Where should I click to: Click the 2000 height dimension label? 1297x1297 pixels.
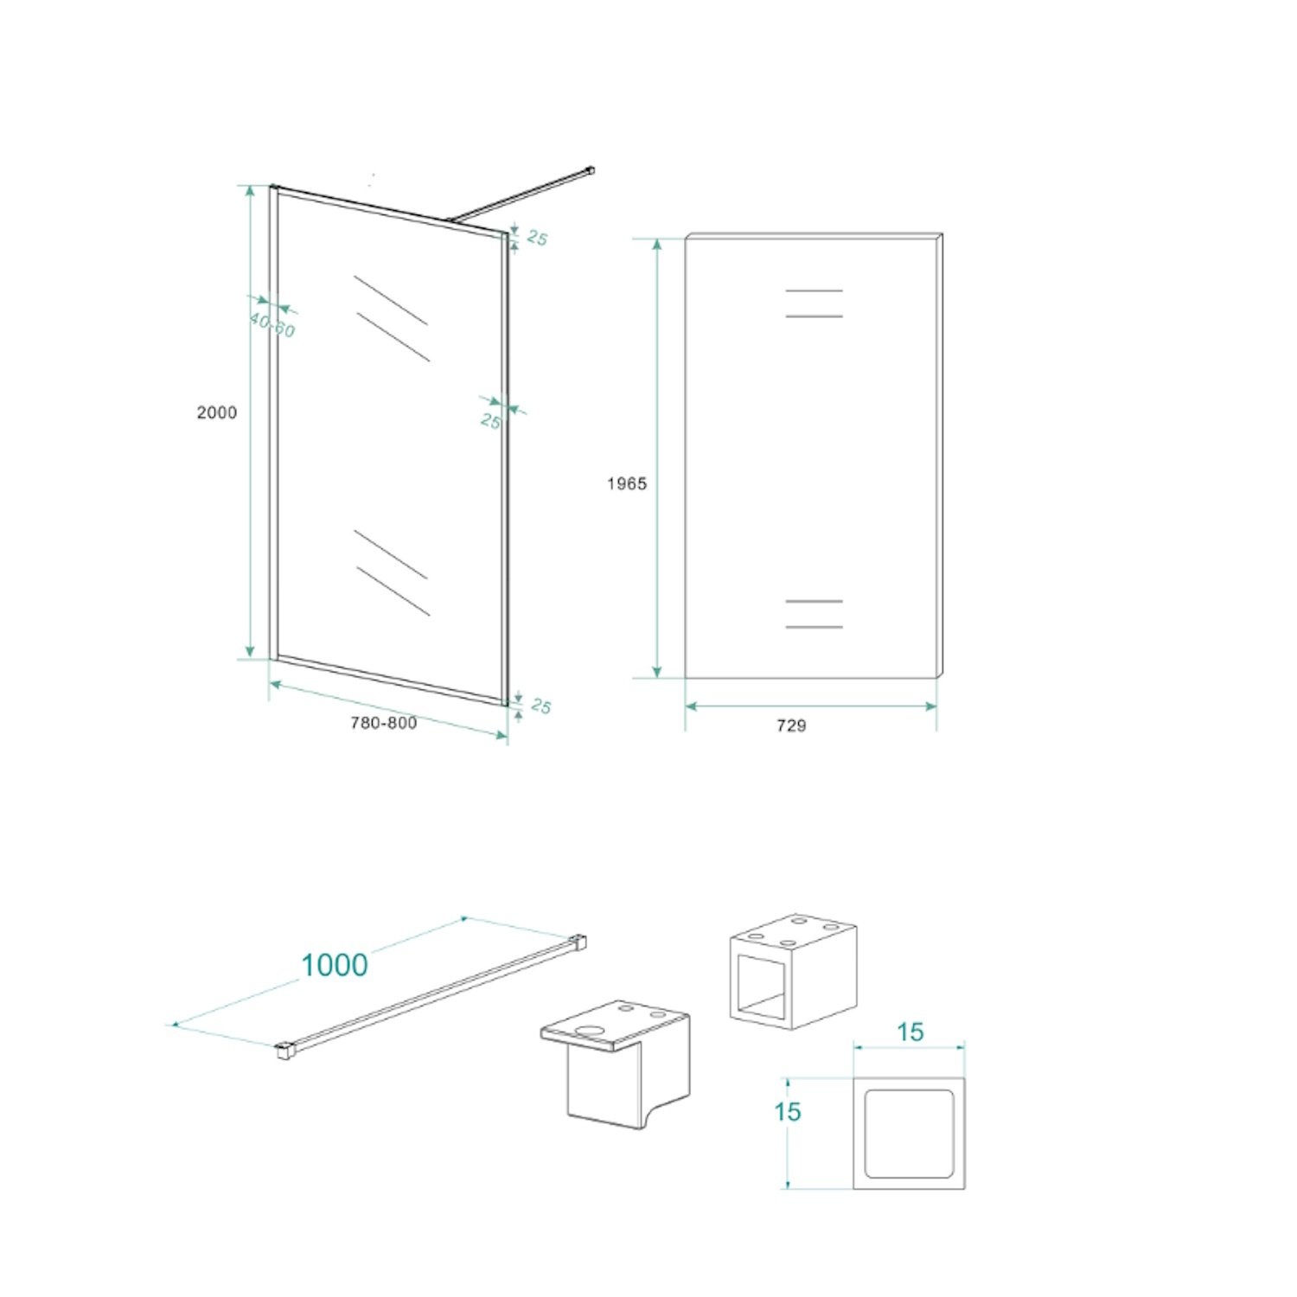coord(216,412)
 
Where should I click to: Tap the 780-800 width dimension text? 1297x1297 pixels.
coord(383,723)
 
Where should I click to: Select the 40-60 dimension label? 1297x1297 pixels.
coord(272,324)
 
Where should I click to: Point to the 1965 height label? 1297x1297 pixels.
coord(626,484)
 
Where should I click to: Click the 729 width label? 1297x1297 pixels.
coord(791,726)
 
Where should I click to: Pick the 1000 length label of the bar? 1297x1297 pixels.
coord(335,964)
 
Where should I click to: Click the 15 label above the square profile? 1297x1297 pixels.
coord(910,1032)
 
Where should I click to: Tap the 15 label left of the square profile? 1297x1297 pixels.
coord(788,1111)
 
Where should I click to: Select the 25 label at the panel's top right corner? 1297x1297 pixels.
coord(537,238)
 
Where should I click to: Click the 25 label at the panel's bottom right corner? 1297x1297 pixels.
coord(540,706)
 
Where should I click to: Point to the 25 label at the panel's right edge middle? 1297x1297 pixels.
coord(490,421)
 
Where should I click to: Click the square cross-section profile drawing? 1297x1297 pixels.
coord(909,1133)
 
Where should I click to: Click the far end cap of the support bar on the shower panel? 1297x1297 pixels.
coord(591,170)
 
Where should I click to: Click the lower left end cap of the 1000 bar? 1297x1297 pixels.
coord(284,1051)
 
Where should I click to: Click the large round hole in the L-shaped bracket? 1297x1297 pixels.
coord(591,1031)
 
